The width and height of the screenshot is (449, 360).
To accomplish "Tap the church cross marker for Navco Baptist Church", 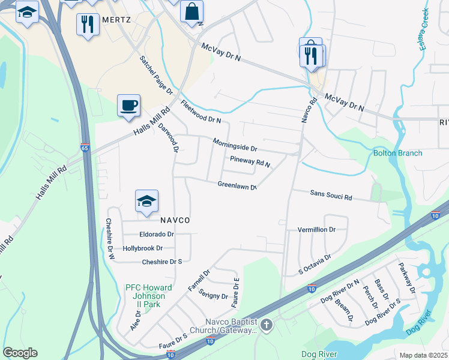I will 267,326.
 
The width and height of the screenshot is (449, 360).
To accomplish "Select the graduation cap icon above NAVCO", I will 146,201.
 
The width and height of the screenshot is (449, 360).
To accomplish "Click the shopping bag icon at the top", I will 191,11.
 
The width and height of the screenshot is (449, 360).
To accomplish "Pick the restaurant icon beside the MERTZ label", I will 88,23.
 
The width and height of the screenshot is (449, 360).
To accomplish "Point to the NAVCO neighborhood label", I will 175,220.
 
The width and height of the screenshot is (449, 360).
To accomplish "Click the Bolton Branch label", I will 397,153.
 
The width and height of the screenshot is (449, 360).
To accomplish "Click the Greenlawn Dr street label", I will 237,185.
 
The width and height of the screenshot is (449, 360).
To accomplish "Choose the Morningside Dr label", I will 235,145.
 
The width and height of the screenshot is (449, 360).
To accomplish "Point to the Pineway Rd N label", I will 250,161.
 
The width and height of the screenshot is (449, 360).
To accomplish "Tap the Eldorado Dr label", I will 157,234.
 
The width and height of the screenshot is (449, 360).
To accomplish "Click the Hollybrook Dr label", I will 143,248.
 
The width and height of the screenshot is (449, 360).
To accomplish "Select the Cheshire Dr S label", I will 161,262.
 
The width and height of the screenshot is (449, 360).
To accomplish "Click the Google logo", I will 20,352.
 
